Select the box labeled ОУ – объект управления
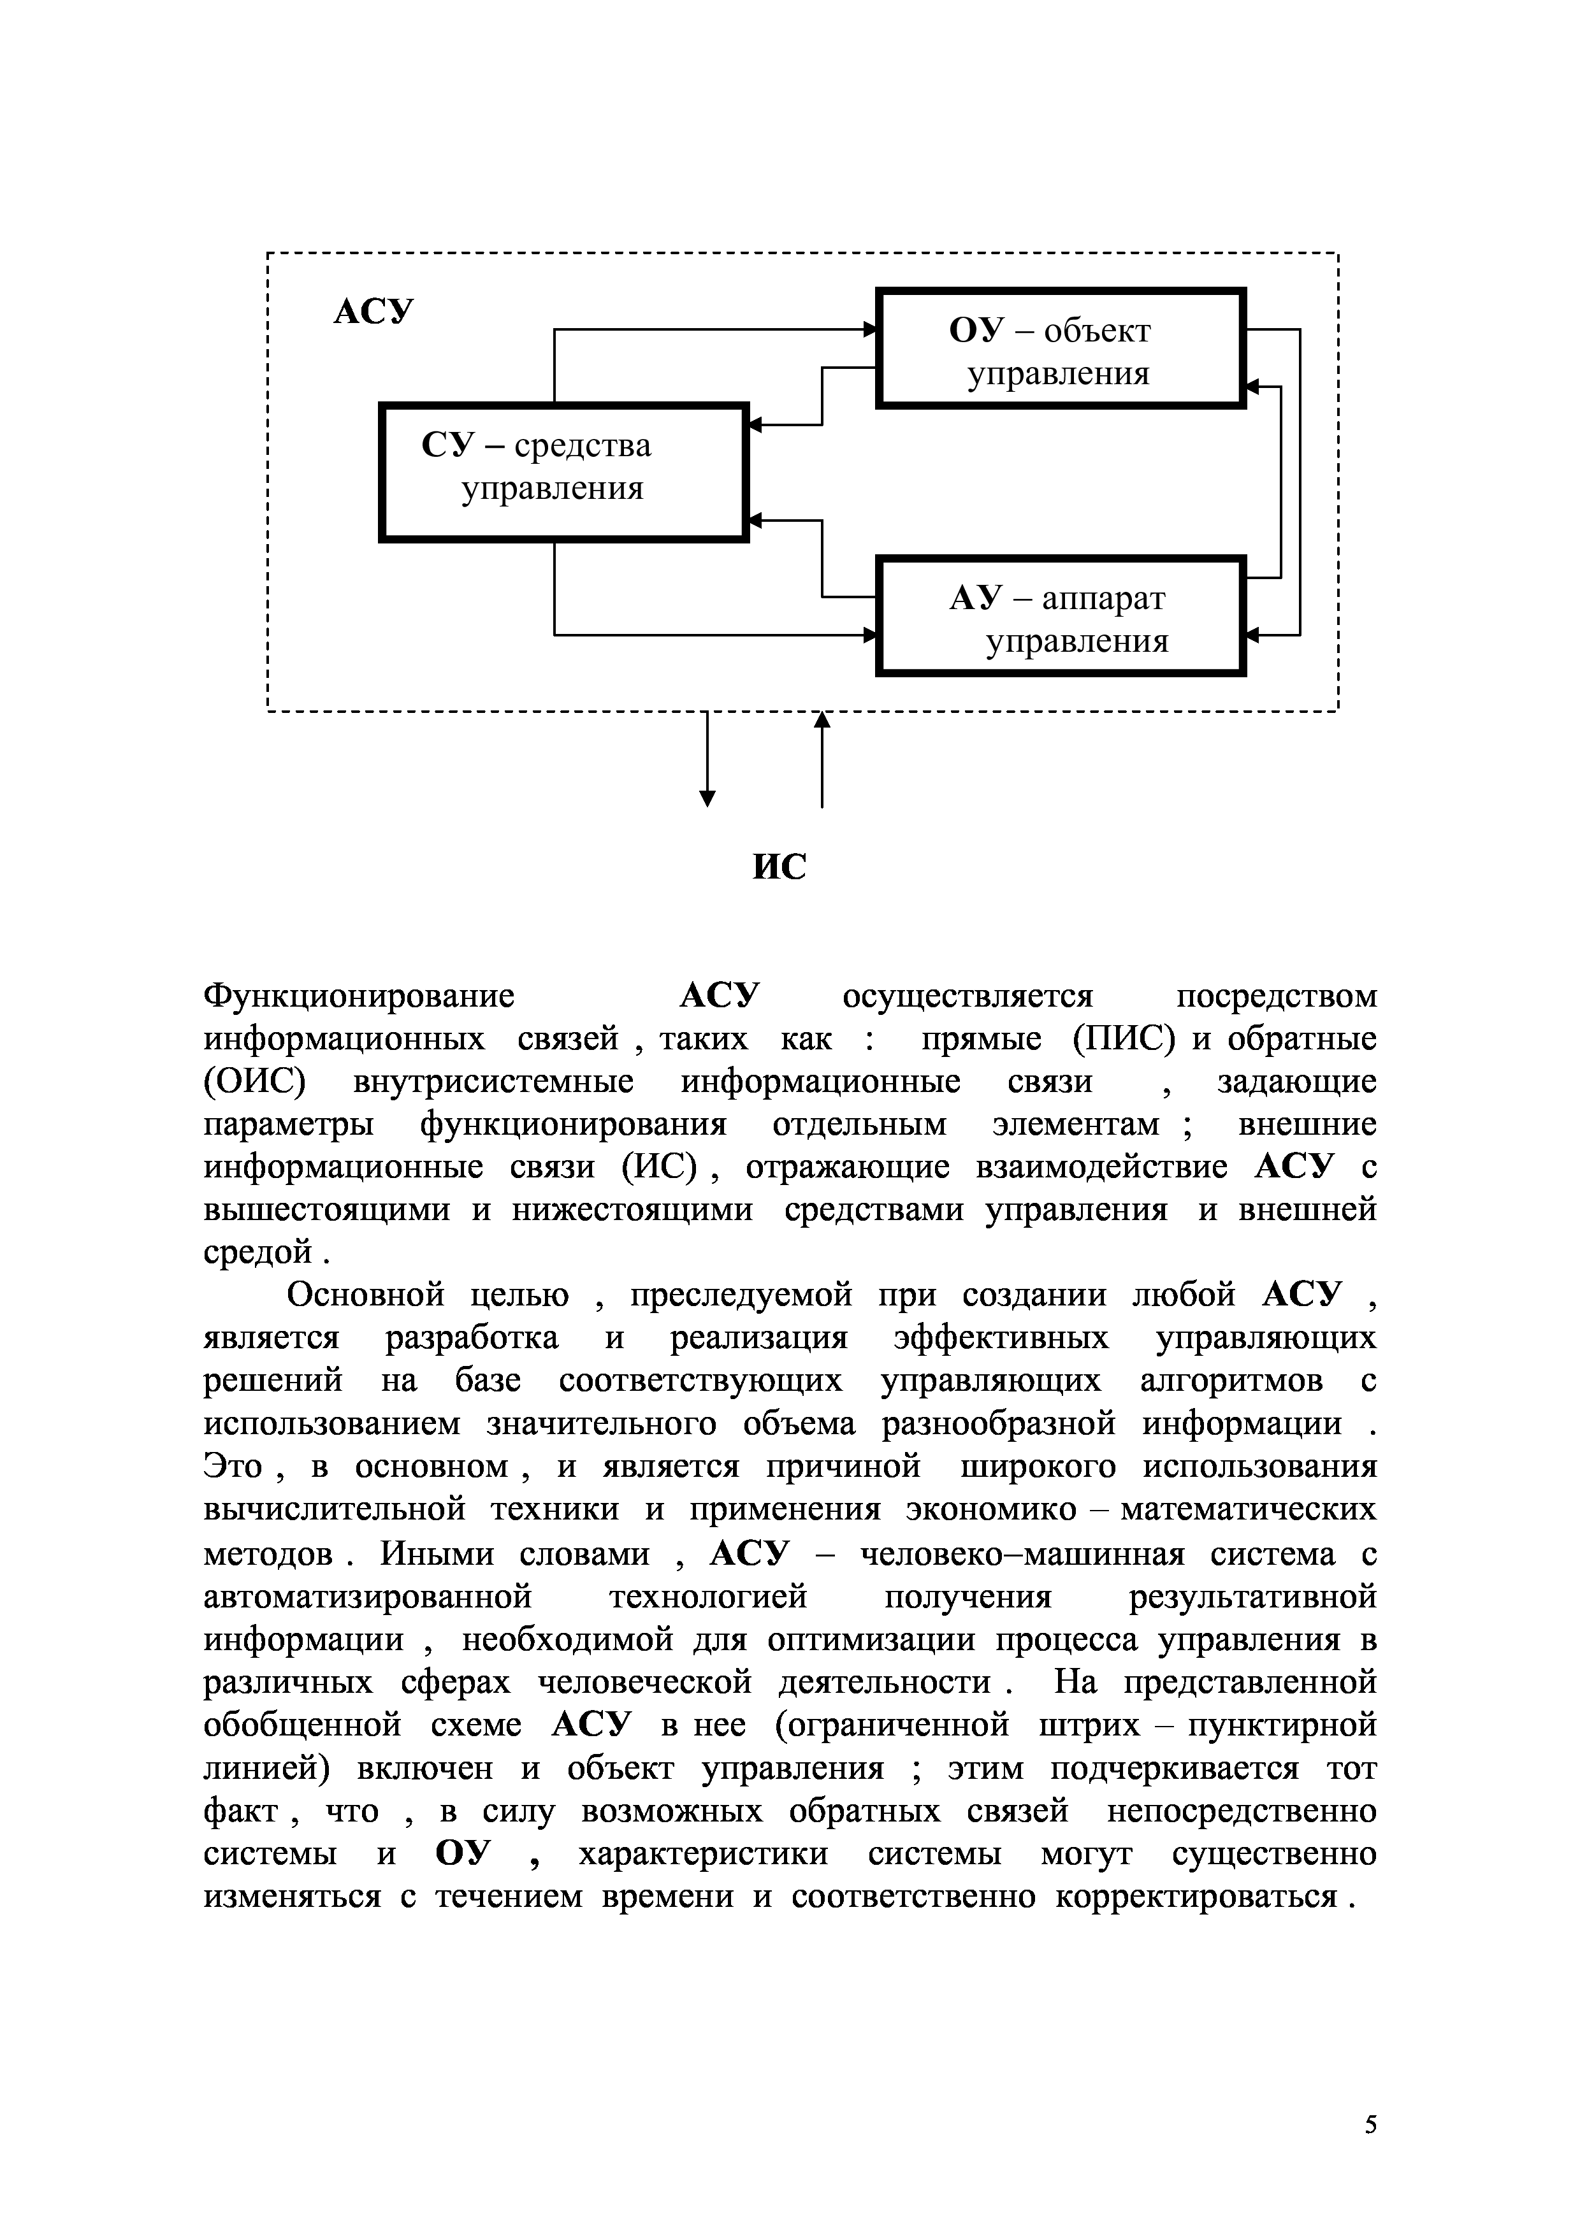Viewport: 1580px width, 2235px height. [x=1060, y=347]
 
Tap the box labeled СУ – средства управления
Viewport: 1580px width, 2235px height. [x=563, y=471]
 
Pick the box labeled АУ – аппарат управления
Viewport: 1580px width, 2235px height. [x=1060, y=615]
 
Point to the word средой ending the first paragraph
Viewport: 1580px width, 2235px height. [x=259, y=1253]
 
